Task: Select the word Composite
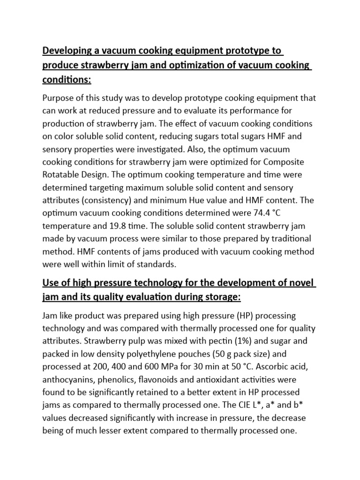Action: tap(285, 162)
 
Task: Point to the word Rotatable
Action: tap(63, 175)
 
